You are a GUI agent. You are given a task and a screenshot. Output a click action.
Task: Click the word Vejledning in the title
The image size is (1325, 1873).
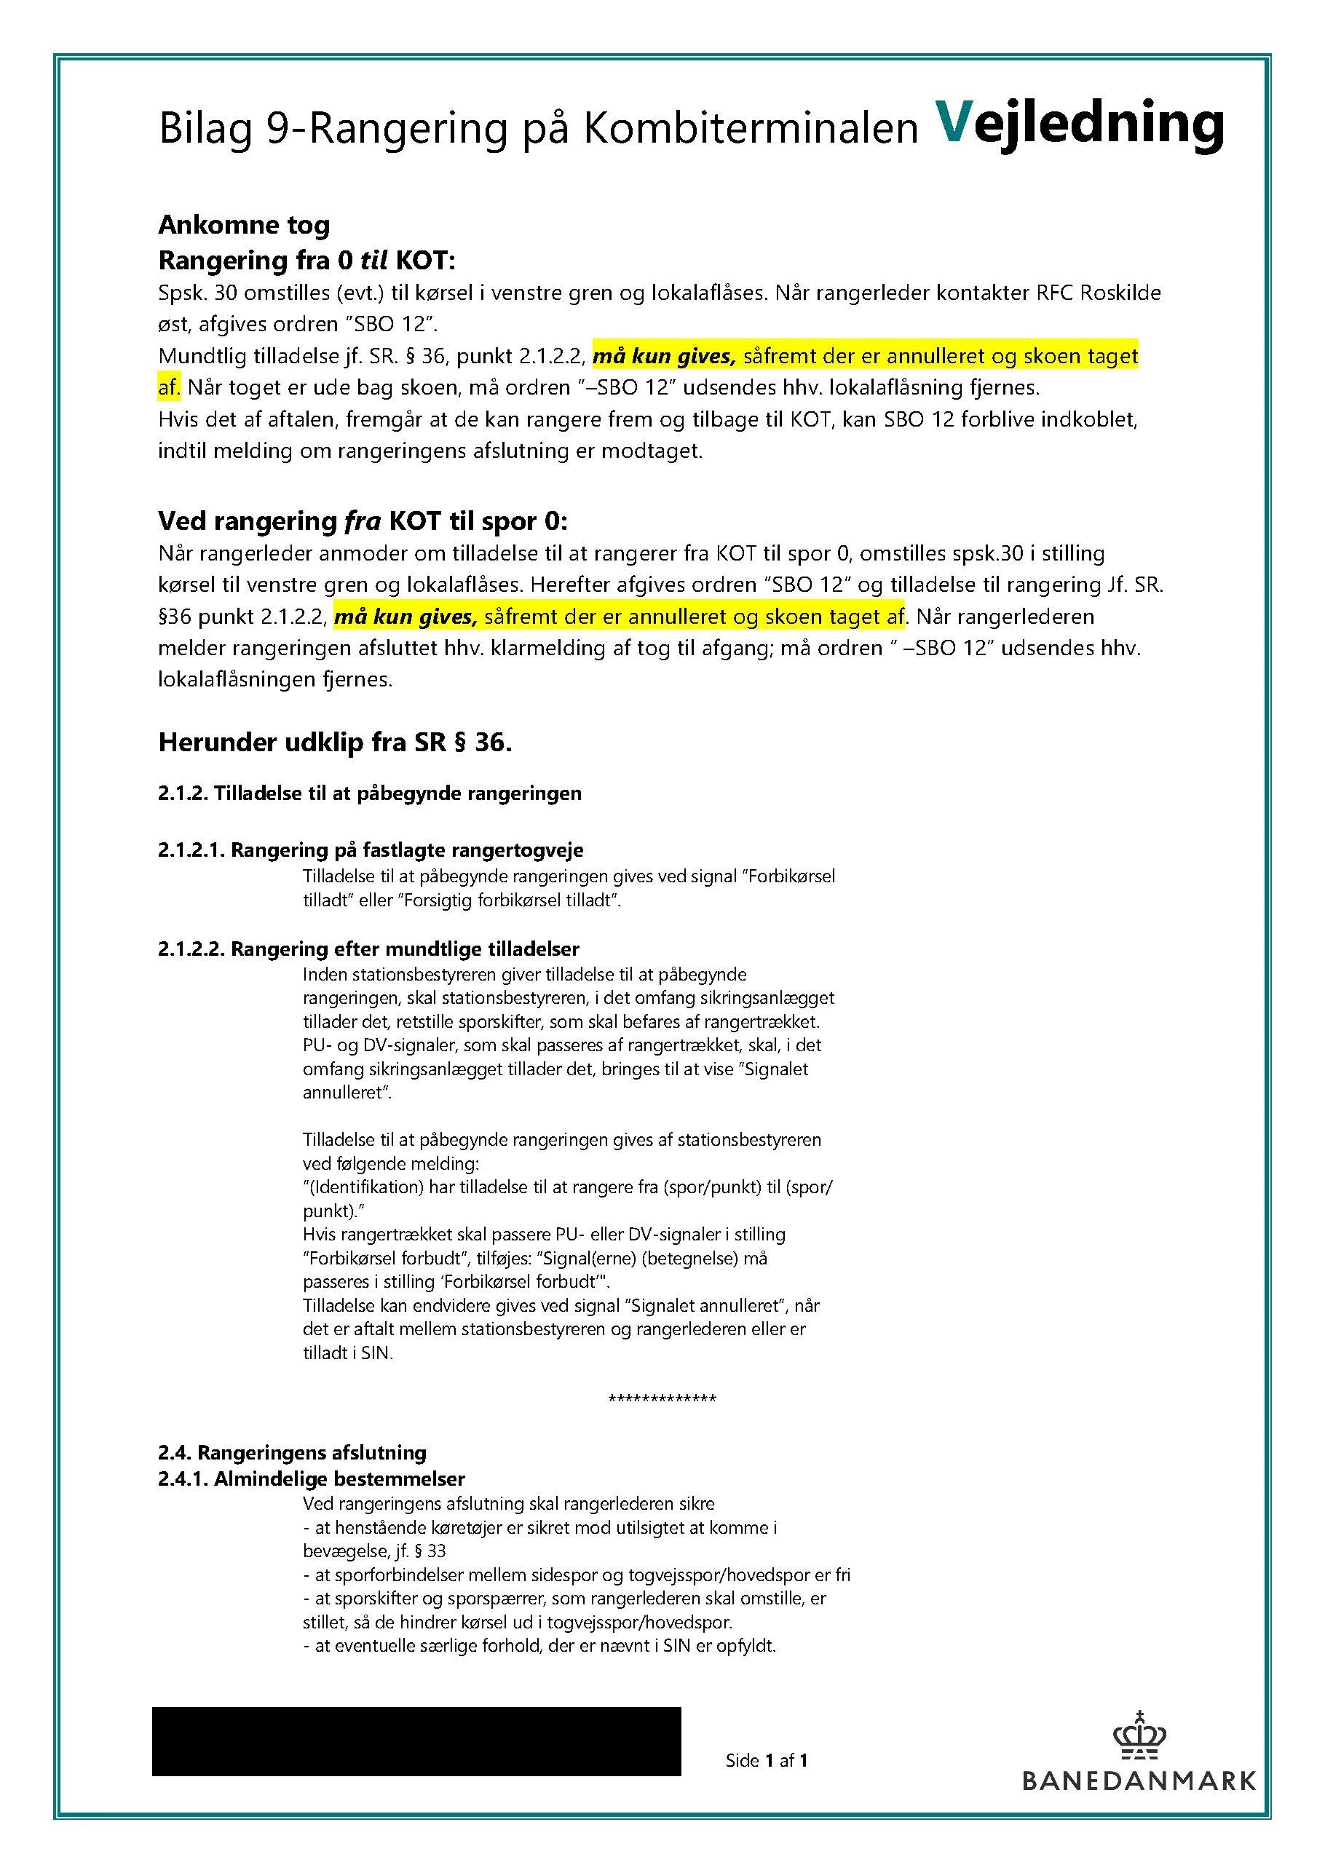tap(1079, 124)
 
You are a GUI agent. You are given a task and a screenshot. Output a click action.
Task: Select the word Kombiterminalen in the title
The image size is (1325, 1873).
tap(750, 129)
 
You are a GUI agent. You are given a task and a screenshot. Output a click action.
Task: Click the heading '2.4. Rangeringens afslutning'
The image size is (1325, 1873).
tap(292, 1453)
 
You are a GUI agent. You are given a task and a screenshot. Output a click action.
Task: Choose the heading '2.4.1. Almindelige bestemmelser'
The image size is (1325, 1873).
tap(312, 1479)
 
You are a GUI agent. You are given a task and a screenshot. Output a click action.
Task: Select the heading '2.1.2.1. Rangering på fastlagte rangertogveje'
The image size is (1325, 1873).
tap(371, 850)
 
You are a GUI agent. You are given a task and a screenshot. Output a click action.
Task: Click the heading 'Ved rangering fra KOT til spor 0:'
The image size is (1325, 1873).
tap(363, 521)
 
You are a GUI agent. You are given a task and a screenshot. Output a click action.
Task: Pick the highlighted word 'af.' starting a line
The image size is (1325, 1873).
tap(169, 387)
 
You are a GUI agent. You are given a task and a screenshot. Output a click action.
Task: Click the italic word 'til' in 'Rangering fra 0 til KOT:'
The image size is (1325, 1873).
tap(373, 261)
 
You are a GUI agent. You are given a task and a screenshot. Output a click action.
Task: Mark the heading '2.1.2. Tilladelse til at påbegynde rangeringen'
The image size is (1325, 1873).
tap(370, 793)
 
